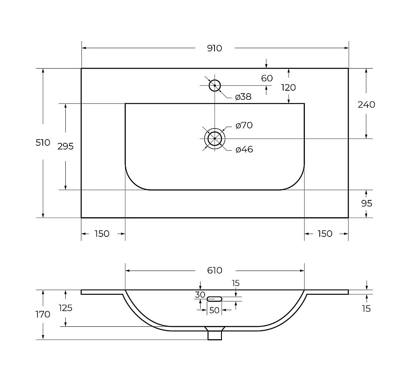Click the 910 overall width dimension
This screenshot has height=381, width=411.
click(215, 48)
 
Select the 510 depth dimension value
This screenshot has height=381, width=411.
click(43, 143)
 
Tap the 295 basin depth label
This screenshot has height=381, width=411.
click(65, 147)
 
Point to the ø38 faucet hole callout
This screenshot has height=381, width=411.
click(243, 97)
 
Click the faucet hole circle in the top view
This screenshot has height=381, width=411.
click(215, 85)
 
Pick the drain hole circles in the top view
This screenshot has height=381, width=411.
click(215, 138)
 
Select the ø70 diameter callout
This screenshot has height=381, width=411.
click(244, 126)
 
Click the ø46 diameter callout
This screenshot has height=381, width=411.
click(244, 149)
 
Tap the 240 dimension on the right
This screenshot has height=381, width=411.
click(367, 105)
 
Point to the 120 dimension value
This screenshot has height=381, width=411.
click(289, 87)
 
